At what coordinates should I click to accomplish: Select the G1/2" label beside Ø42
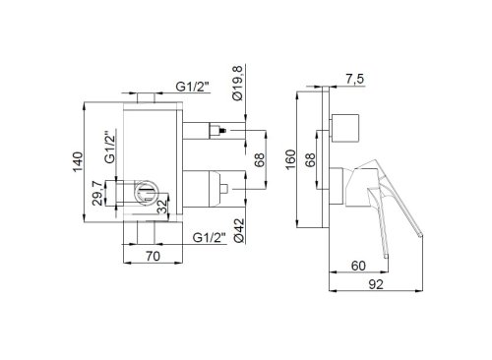(210, 236)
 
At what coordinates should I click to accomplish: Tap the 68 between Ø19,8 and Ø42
(258, 160)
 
